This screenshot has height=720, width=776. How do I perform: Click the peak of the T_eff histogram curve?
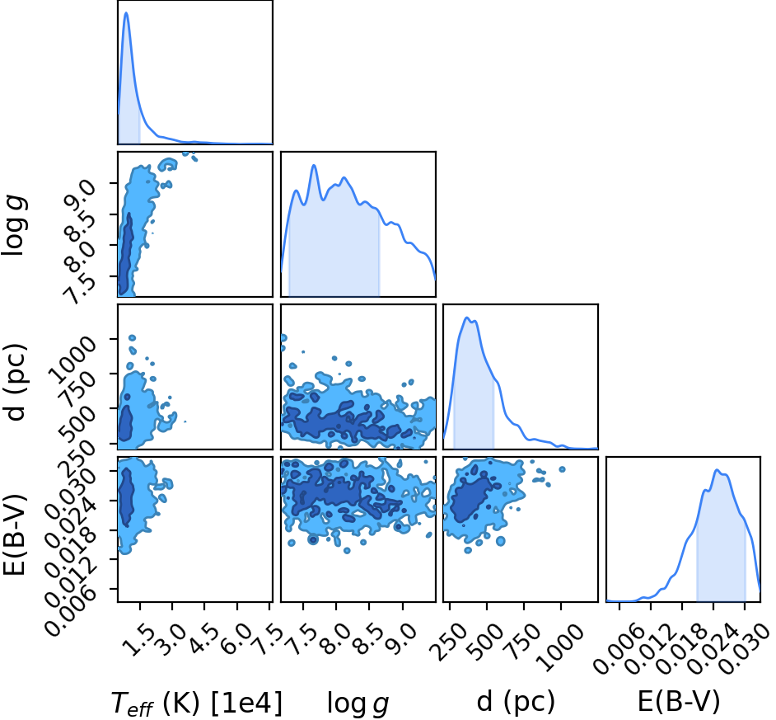tap(126, 13)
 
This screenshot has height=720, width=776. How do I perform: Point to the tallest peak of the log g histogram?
tap(313, 166)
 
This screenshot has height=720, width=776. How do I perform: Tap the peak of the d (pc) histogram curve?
tap(465, 318)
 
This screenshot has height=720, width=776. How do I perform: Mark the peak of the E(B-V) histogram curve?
tap(716, 470)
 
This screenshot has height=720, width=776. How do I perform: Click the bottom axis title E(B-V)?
tap(679, 702)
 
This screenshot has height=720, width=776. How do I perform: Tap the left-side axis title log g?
tap(14, 226)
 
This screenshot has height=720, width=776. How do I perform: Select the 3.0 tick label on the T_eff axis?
tap(171, 639)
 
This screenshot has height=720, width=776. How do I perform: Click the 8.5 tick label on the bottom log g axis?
tap(367, 639)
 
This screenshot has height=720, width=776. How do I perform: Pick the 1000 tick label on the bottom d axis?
tap(563, 647)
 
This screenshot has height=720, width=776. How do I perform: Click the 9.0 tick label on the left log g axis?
tap(79, 196)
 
